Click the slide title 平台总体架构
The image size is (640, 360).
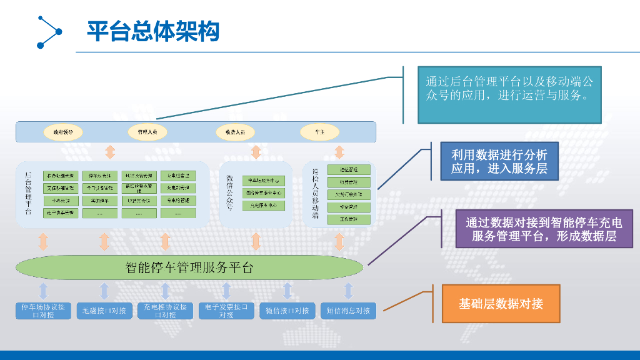[153, 31]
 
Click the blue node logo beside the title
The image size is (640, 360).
[49, 31]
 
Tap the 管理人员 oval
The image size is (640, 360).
[147, 132]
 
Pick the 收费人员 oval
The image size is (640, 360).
[235, 132]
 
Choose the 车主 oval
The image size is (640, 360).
[319, 132]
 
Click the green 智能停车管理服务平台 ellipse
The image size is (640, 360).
[189, 268]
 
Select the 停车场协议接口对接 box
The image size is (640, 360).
[43, 311]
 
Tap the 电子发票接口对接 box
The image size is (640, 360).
[226, 311]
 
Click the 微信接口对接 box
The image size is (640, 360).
[287, 311]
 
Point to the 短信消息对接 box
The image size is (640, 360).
[348, 311]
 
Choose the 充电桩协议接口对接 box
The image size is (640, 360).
[165, 311]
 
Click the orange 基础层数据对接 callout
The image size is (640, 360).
[501, 304]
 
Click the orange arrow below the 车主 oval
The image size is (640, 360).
[339, 152]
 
